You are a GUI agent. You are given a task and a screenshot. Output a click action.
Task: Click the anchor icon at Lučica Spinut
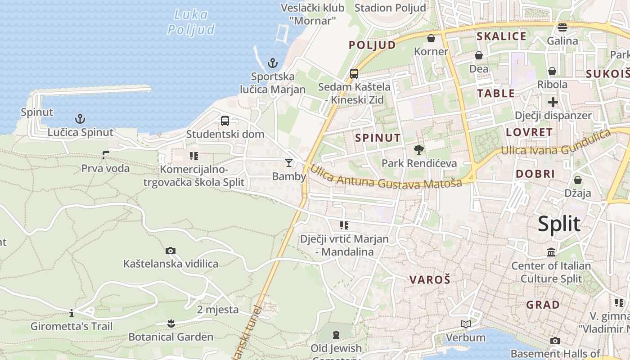80,119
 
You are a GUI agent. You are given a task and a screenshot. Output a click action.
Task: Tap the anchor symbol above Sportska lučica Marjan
273,63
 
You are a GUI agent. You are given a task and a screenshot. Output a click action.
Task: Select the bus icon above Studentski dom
225,121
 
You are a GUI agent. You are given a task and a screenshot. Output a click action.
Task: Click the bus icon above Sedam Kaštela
354,73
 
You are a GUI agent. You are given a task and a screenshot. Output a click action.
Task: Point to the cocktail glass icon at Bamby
289,163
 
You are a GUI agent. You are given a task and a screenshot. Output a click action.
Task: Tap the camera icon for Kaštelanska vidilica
171,251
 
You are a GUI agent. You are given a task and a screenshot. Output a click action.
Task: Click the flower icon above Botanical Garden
171,323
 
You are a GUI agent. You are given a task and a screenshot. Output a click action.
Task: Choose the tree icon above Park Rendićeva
419,150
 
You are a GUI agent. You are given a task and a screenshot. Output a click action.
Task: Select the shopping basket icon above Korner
431,38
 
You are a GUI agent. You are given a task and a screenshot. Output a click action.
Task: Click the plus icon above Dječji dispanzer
553,102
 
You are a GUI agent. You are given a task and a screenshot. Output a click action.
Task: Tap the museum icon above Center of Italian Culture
551,252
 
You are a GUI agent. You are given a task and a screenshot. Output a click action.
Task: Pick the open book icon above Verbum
466,324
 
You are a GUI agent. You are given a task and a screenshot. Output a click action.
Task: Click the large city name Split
559,224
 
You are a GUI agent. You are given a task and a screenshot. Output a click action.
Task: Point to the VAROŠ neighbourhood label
430,280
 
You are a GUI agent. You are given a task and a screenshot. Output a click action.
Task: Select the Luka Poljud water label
191,22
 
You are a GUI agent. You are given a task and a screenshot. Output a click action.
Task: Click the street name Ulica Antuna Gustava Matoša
386,178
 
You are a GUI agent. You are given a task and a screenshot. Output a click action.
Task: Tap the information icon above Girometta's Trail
72,313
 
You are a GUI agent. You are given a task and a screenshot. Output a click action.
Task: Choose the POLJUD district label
372,45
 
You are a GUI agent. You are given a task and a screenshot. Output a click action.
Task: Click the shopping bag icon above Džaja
578,180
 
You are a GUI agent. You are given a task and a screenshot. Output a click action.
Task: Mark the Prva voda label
105,169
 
